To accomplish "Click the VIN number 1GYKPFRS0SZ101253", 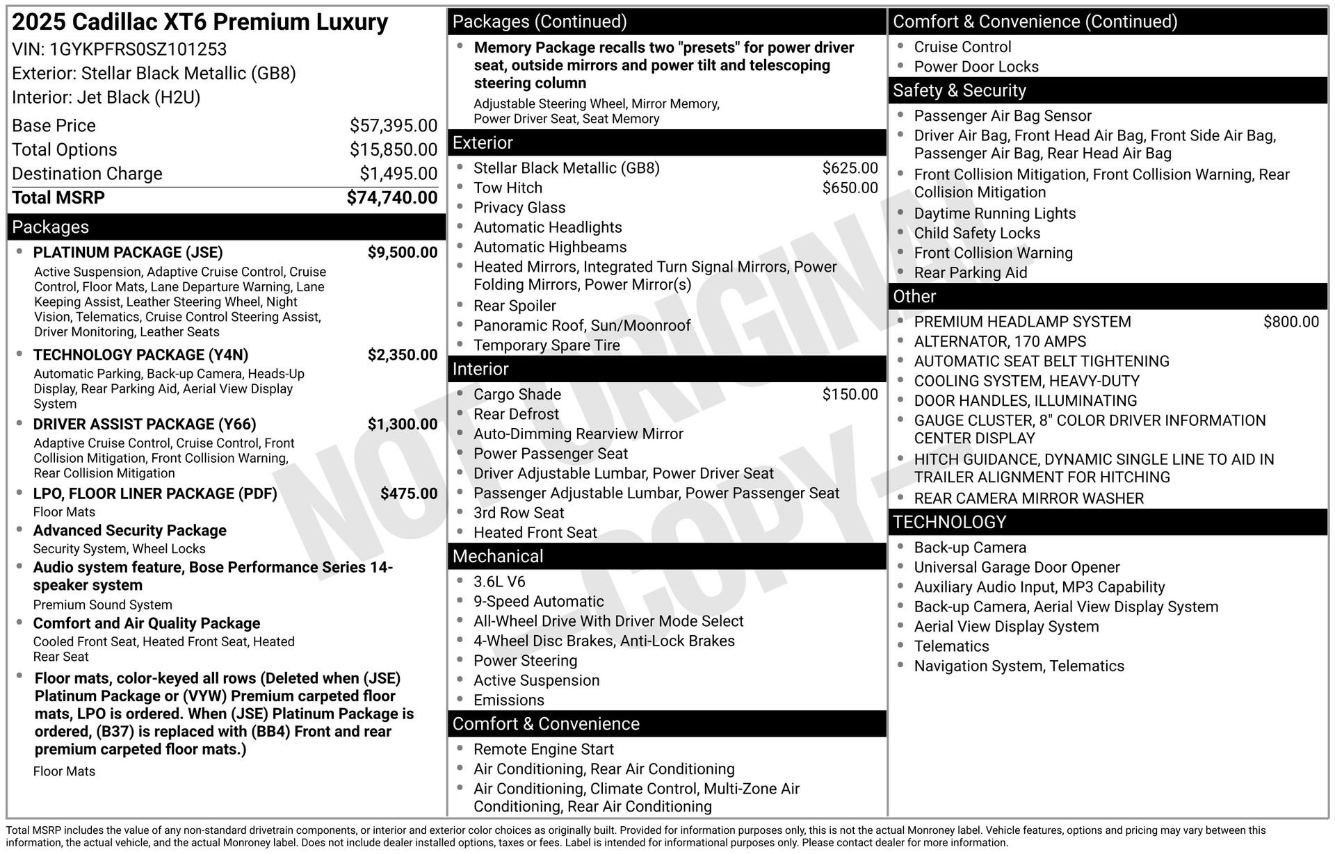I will click(x=138, y=49).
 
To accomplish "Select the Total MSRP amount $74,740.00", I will click(x=392, y=198).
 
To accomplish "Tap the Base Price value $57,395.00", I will click(x=394, y=126).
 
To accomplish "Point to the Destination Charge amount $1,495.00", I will click(x=398, y=174).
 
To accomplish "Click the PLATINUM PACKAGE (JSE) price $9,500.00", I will click(x=403, y=252).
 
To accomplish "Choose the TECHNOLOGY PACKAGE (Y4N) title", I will click(x=140, y=355).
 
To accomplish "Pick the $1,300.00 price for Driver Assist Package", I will click(x=403, y=425).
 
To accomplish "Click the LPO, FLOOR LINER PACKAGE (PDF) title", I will click(x=155, y=494).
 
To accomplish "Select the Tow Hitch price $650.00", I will click(x=850, y=188).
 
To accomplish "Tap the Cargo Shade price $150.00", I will click(x=850, y=395).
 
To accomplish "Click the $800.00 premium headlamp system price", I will click(x=1290, y=322).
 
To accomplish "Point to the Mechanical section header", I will click(x=498, y=557).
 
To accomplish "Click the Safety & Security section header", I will click(x=959, y=91).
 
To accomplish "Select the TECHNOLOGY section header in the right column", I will click(x=949, y=523).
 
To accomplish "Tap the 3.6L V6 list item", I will click(x=499, y=582).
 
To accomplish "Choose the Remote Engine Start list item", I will click(x=543, y=750).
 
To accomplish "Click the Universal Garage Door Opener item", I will click(x=1017, y=568).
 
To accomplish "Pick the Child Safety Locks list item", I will click(x=977, y=233).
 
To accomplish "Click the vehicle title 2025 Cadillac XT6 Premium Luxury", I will click(x=200, y=22).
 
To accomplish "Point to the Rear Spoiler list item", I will click(x=515, y=306).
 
